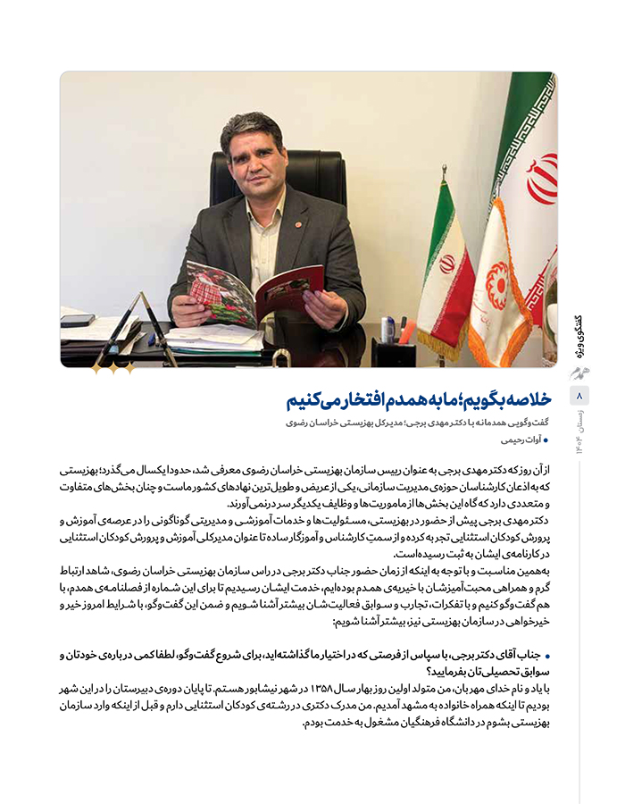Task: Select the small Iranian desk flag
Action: click(x=446, y=277)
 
